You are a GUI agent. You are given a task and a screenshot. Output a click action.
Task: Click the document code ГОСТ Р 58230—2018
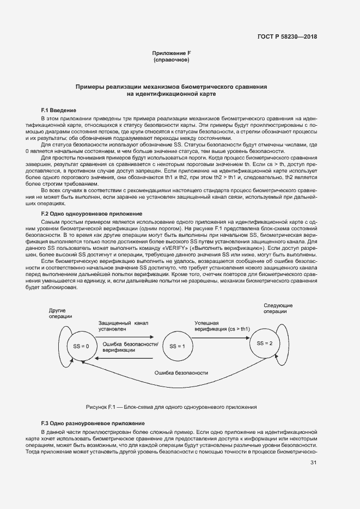pos(287,36)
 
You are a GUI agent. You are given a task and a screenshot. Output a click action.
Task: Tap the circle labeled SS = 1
pos(177,346)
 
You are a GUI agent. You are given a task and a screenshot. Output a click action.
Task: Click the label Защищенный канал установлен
pos(123,326)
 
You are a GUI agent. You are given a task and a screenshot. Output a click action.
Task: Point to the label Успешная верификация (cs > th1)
pos(222,326)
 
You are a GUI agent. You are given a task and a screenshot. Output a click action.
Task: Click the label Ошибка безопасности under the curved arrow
pos(181,373)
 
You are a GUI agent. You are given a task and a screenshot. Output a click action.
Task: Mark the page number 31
pos(313,463)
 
